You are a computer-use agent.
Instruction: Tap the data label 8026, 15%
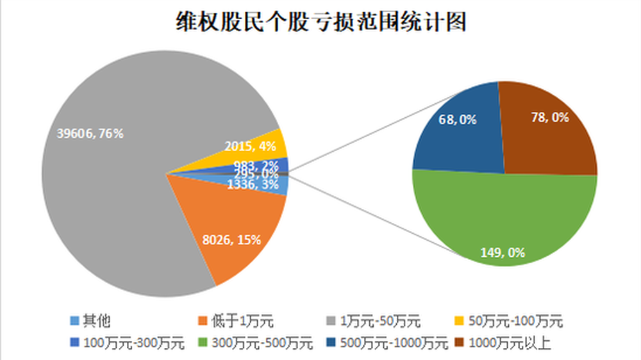(x=231, y=240)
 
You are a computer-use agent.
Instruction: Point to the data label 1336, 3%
(x=252, y=184)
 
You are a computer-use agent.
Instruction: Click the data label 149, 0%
(x=502, y=252)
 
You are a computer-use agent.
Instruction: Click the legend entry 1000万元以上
(x=510, y=343)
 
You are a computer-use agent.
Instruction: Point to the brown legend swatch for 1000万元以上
(x=460, y=343)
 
